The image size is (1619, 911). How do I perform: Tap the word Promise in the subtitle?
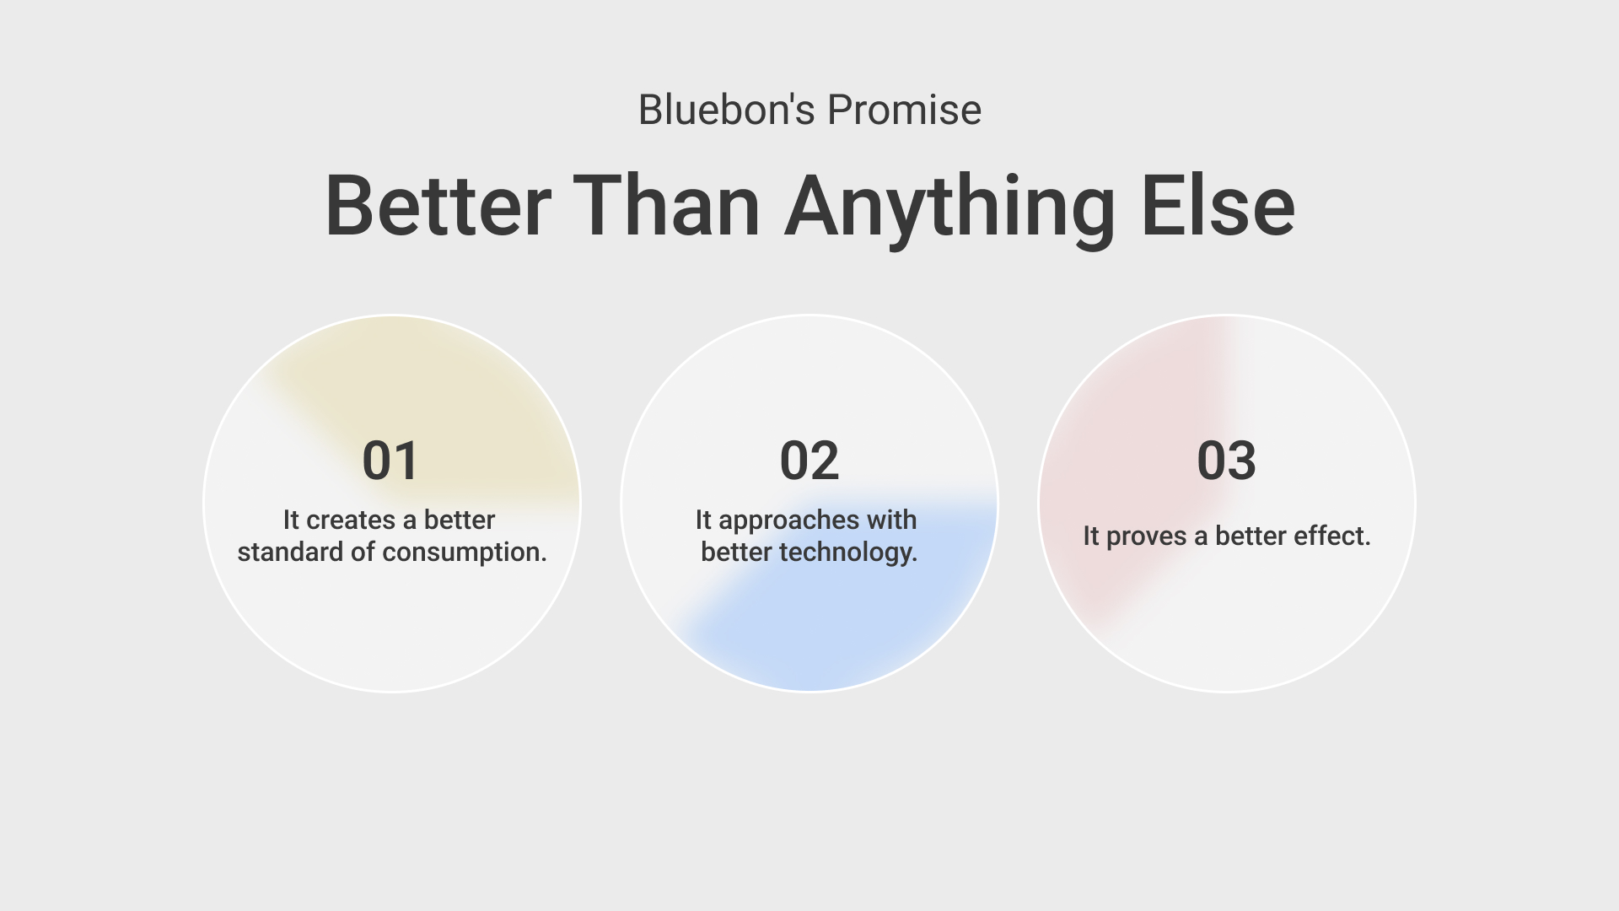click(x=904, y=110)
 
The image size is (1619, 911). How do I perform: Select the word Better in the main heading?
click(x=438, y=205)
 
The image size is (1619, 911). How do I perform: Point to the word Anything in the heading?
click(x=950, y=210)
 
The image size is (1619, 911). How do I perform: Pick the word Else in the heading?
click(x=1218, y=205)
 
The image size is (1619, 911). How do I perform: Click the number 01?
click(x=390, y=461)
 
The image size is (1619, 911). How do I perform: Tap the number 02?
click(x=809, y=461)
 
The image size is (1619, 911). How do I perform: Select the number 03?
click(x=1226, y=461)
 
